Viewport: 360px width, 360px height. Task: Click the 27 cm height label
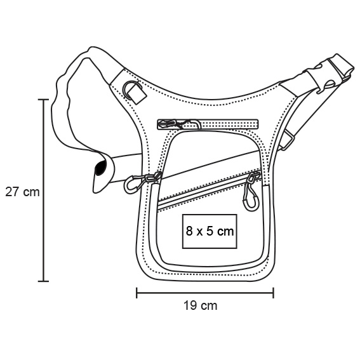[x=22, y=192]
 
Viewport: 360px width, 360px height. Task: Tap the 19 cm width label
[x=200, y=305]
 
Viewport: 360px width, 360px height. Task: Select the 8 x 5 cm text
[x=210, y=231]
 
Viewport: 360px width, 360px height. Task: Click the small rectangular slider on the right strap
[x=287, y=140]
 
